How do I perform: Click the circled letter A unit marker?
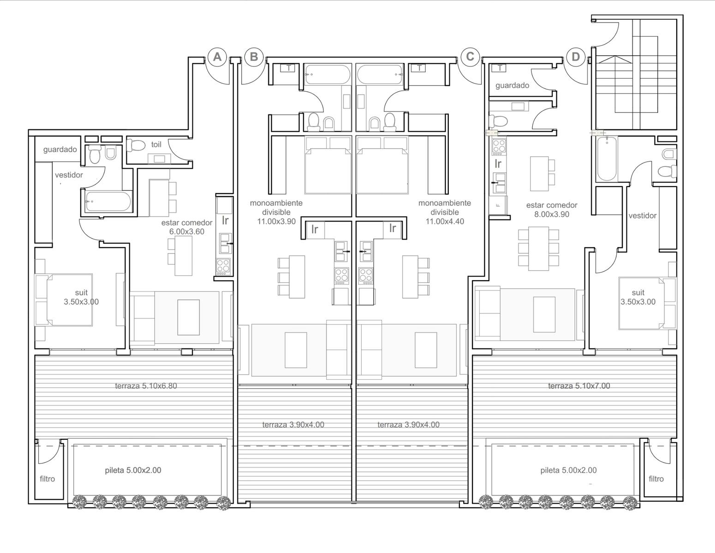217,57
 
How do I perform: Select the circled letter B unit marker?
254,57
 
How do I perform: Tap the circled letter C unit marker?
470,57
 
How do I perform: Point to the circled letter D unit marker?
576,57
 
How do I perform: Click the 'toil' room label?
156,144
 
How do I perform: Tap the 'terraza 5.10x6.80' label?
146,386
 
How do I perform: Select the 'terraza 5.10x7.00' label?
579,386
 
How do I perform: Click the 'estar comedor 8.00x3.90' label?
552,210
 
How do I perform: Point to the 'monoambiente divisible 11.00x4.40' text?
445,212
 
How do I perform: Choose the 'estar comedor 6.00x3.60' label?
186,227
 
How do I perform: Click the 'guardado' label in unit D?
512,85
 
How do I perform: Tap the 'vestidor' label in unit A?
69,175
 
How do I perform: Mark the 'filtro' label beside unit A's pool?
48,479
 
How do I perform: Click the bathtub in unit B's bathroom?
328,75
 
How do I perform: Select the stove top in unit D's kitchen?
499,147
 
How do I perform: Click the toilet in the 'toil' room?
136,145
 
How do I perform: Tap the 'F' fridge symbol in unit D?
498,206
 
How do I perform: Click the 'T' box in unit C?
419,68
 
